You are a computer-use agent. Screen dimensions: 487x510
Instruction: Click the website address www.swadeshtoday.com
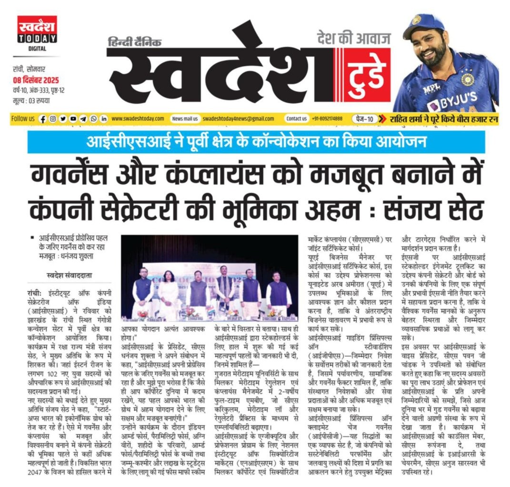coord(138,118)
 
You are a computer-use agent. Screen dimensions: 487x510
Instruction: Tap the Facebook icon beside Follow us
coord(43,118)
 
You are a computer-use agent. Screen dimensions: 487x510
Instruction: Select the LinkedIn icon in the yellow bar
coord(103,118)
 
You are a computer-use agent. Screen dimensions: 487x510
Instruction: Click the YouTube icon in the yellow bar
coord(73,118)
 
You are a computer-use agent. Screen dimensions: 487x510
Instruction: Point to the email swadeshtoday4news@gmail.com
coord(238,118)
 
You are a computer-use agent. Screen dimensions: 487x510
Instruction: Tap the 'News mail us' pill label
coord(185,118)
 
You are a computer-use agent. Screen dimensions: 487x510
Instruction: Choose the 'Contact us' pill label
coord(296,118)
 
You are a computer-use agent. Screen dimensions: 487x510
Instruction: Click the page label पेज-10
coord(364,118)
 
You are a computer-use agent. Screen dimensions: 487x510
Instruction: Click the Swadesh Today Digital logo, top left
coord(37,33)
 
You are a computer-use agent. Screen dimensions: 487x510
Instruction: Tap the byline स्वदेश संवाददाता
coord(60,273)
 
